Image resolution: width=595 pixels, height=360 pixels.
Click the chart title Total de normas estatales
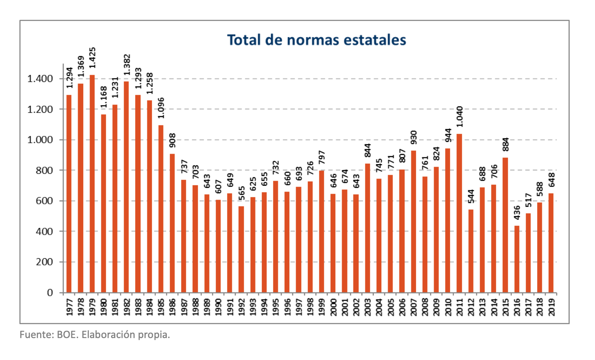pos(316,40)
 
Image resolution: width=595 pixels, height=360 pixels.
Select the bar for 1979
pos(92,184)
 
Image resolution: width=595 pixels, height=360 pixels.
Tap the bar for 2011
pos(459,213)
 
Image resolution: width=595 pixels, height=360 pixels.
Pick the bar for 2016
pos(516,259)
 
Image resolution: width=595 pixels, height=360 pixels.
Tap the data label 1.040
pos(459,116)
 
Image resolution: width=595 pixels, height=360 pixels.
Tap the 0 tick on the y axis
pos(50,292)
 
